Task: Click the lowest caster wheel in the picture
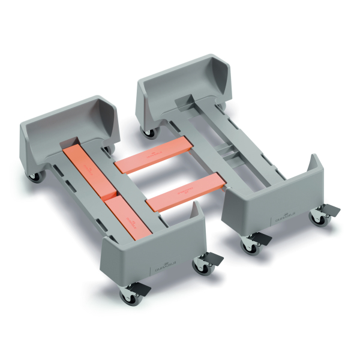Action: pos(128,296)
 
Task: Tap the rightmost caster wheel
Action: pos(322,220)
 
